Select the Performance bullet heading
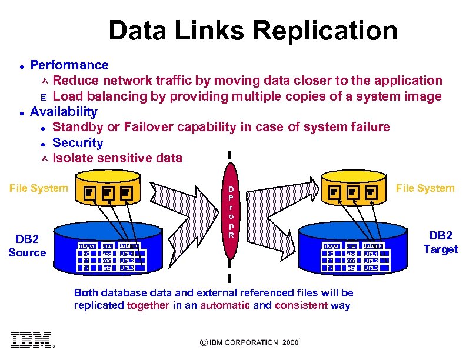pyautogui.click(x=69, y=65)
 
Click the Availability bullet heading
pyautogui.click(x=64, y=112)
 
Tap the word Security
pyautogui.click(x=78, y=143)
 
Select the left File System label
pyautogui.click(x=38, y=188)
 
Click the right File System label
pyautogui.click(x=425, y=188)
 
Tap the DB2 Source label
pyautogui.click(x=27, y=246)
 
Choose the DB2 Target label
pyautogui.click(x=440, y=242)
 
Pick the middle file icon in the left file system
pyautogui.click(x=108, y=192)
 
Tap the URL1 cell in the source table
pyautogui.click(x=127, y=254)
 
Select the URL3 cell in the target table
pyautogui.click(x=371, y=268)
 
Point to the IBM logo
pyautogui.click(x=31, y=339)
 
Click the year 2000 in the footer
pyautogui.click(x=290, y=342)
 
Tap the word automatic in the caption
pyautogui.click(x=225, y=305)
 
